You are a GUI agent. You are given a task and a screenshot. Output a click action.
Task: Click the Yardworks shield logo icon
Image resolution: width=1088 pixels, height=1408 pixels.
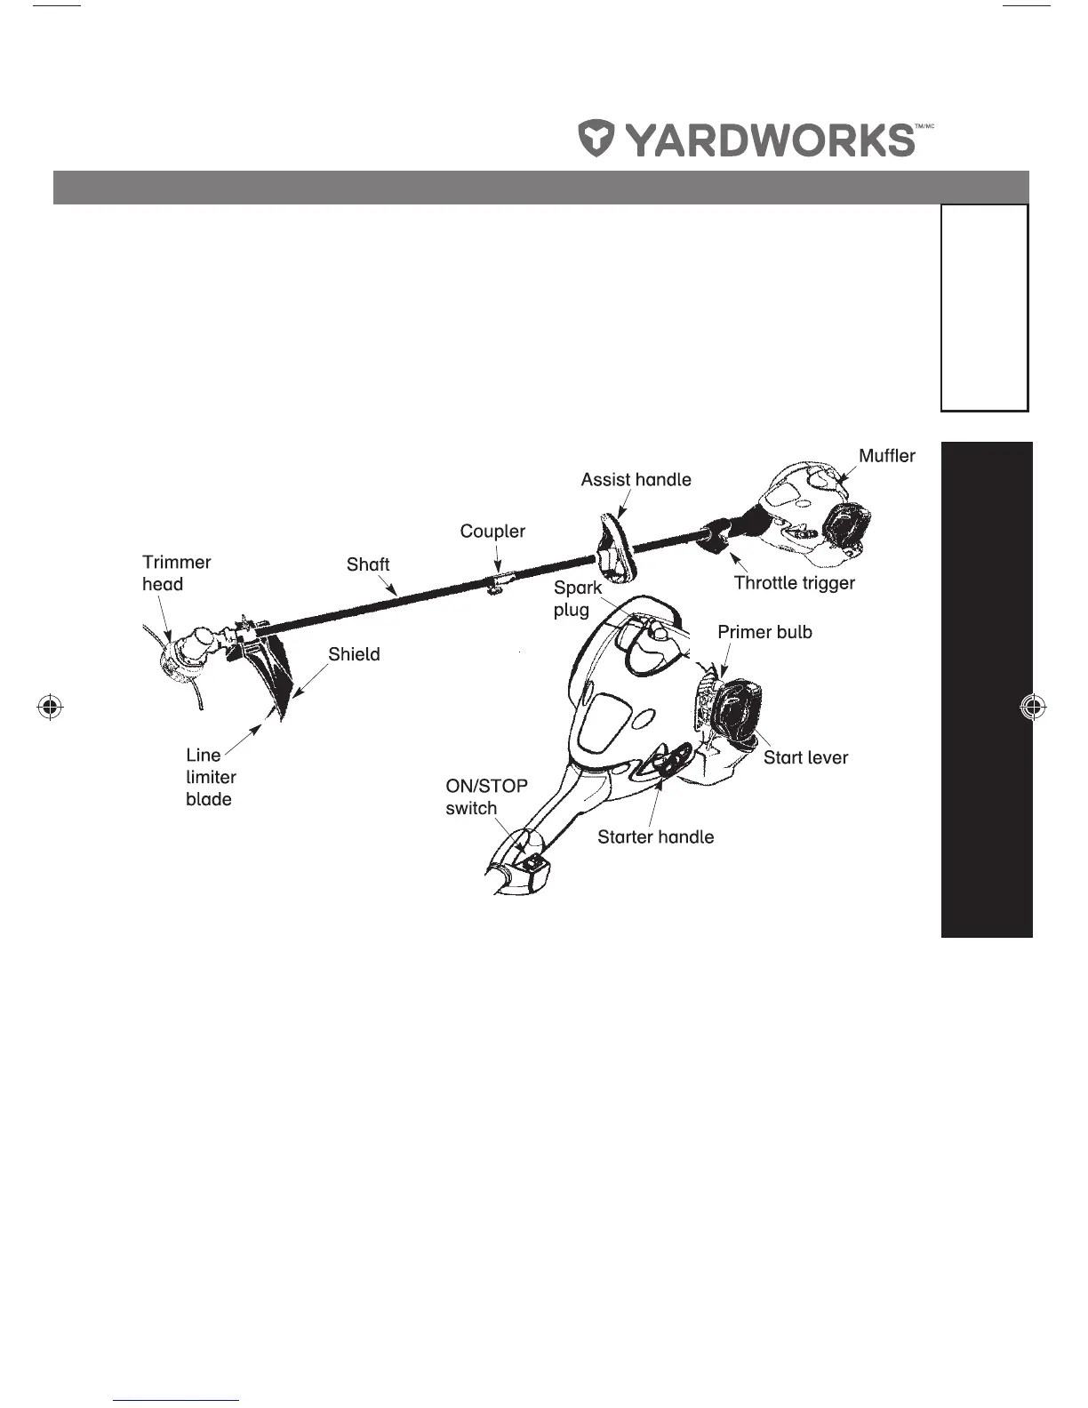pos(597,140)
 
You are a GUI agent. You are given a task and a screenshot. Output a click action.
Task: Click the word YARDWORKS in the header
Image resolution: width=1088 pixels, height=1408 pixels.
pos(769,140)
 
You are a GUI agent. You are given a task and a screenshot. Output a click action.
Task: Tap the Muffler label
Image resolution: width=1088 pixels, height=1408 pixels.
pos(886,456)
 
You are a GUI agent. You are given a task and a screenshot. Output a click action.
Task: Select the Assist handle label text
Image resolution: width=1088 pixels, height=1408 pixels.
pos(636,480)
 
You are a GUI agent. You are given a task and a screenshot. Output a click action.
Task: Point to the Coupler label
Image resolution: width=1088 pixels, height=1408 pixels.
pos(492,532)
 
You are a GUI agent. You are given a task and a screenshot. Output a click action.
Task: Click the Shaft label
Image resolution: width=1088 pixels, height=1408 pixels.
pos(368,564)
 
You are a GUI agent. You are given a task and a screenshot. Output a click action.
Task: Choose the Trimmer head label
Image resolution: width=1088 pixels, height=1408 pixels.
pos(176,573)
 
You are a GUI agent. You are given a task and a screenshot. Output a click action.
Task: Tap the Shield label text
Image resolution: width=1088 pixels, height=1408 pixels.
pos(354,654)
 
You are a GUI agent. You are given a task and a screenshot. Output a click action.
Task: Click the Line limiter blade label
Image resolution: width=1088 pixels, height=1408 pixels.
pos(211,777)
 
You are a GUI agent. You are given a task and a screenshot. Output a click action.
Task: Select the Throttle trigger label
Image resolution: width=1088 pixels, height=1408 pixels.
pos(794,583)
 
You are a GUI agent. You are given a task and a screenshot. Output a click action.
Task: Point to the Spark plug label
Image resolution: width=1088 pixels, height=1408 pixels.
pos(577,598)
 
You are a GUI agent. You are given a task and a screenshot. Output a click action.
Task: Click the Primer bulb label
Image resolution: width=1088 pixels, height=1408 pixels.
pos(764,632)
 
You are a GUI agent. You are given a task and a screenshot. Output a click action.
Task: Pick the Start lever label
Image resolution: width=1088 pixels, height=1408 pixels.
pos(805,757)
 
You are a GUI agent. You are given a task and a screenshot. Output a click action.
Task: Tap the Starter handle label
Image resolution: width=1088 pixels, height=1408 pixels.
pos(655,836)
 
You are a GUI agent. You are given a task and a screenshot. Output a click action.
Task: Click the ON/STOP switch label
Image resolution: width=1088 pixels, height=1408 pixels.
pos(486,796)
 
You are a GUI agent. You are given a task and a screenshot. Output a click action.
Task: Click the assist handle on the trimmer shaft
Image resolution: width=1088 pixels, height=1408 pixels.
pos(612,548)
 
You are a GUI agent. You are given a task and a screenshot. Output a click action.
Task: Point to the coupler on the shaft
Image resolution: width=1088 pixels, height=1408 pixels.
pos(500,581)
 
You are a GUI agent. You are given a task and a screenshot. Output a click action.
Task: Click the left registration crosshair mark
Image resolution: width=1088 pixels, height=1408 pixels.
pos(51,707)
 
